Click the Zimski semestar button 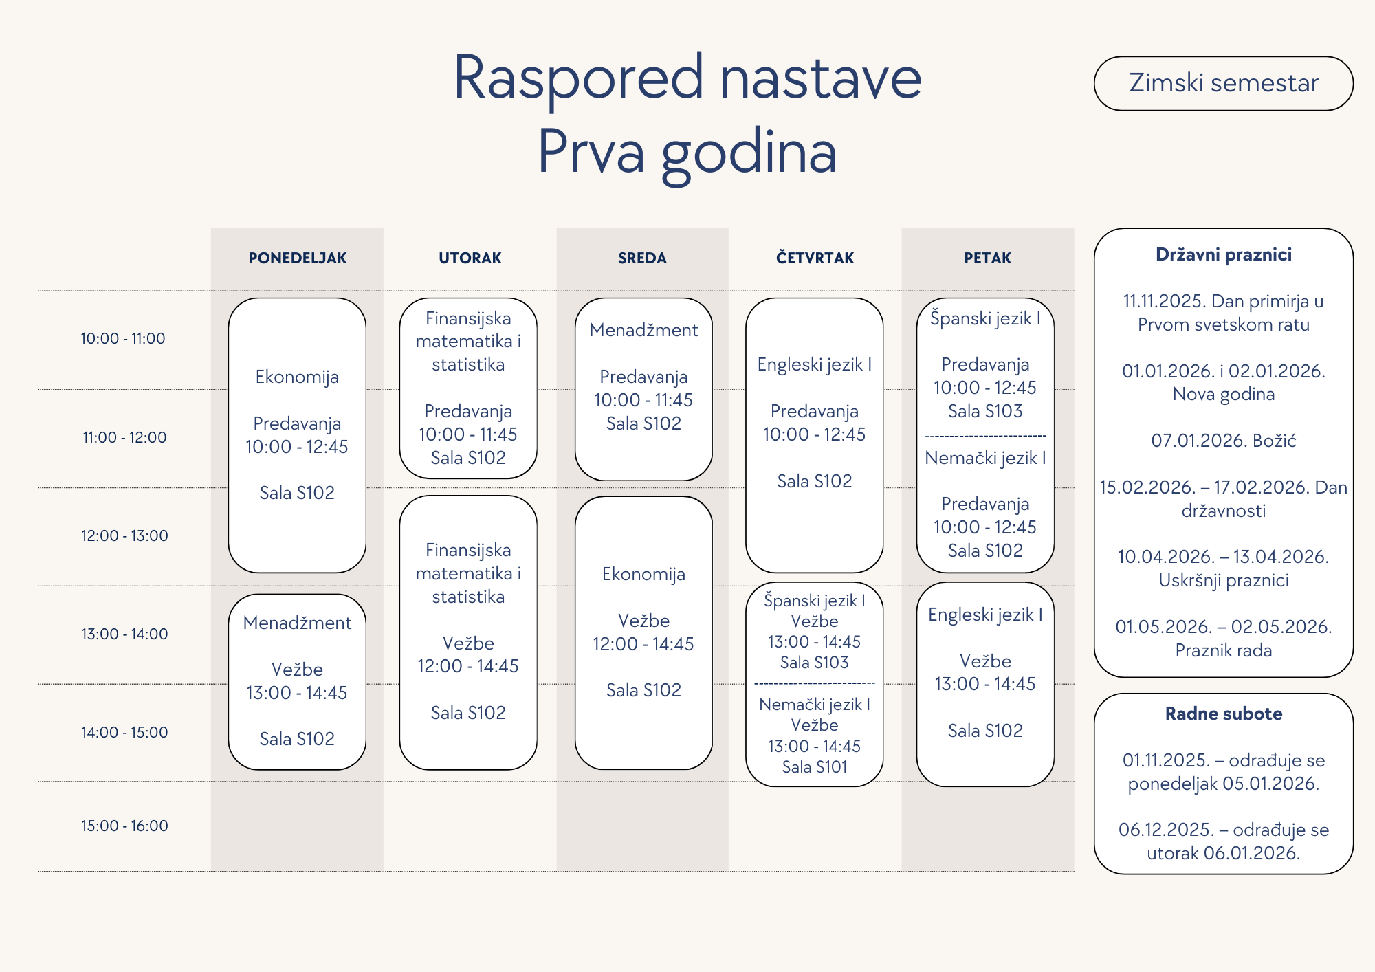tap(1223, 83)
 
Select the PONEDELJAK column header tap(297, 258)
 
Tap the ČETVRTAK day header tap(815, 258)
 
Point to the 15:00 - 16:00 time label tap(124, 826)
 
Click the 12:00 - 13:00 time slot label tap(124, 535)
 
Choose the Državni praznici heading tap(1224, 255)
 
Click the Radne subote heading tap(1224, 714)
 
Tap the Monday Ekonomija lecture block tap(297, 435)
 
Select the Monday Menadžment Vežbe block tap(297, 681)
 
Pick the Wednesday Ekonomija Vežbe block tap(643, 632)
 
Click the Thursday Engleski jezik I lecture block tap(815, 435)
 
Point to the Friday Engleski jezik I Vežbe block tap(985, 684)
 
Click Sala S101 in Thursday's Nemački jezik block tap(815, 767)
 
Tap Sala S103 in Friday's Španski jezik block tap(985, 411)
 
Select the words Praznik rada tap(1224, 650)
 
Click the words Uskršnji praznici tap(1224, 581)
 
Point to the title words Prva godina tap(687, 153)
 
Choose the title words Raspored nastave tap(687, 77)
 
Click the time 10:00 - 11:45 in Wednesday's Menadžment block tap(643, 400)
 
